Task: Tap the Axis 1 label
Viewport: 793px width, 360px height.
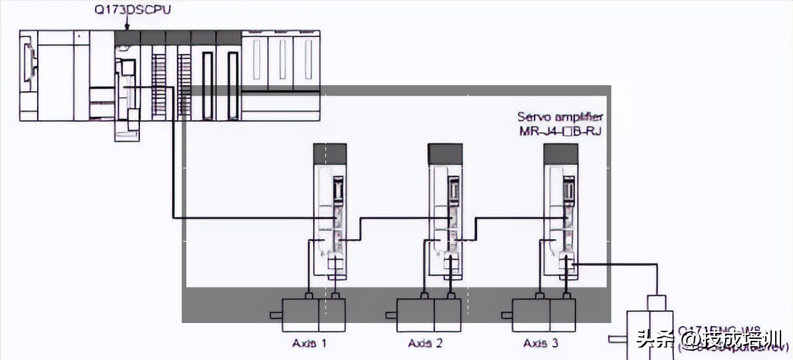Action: [310, 343]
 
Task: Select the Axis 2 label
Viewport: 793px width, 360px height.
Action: [426, 343]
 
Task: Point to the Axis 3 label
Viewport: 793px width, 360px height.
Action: [541, 343]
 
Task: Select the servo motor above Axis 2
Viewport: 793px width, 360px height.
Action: [428, 314]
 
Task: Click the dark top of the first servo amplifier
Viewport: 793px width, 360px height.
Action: [330, 155]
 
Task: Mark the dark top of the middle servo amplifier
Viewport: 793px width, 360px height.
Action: [445, 155]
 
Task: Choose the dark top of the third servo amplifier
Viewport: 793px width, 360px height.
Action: [560, 155]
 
